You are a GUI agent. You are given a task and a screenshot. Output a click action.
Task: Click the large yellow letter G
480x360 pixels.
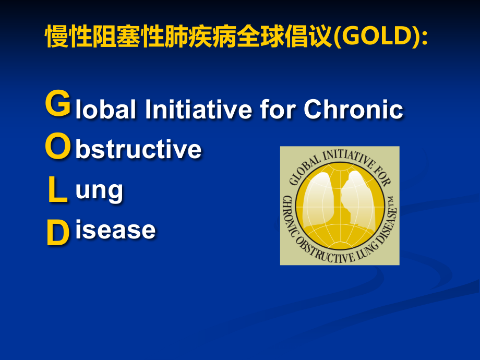tap(58, 103)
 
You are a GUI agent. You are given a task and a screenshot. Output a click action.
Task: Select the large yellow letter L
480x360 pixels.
tap(57, 190)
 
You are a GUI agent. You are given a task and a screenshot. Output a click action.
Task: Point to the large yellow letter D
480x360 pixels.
tap(58, 233)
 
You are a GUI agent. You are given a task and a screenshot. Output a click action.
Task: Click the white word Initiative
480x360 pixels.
tap(198, 109)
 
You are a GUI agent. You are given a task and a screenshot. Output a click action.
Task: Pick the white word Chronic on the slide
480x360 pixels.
tap(353, 109)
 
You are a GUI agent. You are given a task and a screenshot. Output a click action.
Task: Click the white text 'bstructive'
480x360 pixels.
tap(138, 149)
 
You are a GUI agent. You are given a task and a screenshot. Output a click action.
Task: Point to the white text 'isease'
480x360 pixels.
tap(115, 230)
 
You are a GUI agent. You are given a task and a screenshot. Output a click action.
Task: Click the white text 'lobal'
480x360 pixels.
tap(105, 109)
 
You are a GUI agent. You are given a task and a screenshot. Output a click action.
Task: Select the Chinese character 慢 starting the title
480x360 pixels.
tap(57, 36)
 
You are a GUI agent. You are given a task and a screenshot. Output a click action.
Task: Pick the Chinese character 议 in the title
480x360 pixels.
tap(320, 36)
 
